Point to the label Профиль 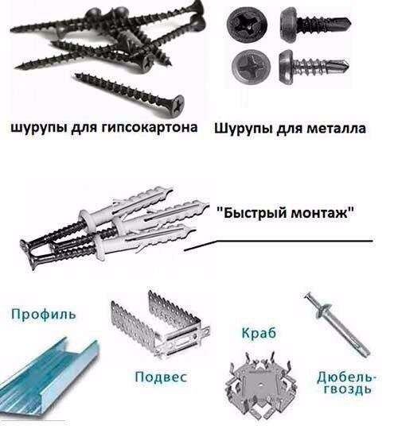point(45,314)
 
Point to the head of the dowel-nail point(309,300)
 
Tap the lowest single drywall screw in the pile point(127,90)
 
